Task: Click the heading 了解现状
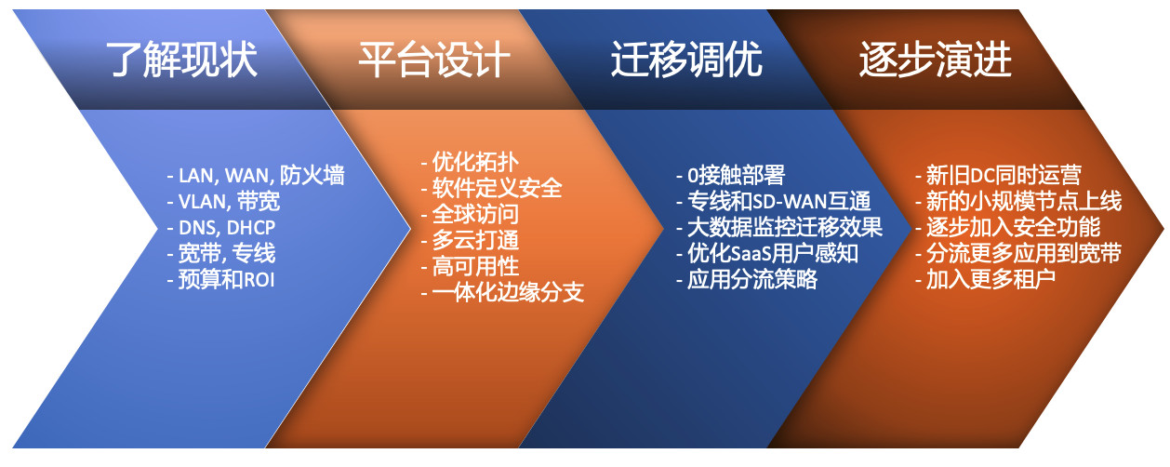[181, 60]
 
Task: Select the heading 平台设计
[434, 60]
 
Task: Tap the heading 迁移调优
[686, 60]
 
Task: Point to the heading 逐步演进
[936, 60]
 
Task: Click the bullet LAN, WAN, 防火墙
[256, 176]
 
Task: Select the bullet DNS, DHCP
[221, 228]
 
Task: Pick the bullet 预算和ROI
[220, 280]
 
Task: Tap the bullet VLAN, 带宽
[223, 202]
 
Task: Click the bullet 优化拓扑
[470, 163]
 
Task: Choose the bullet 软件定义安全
[491, 189]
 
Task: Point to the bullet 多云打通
[470, 240]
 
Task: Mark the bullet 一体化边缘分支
[502, 292]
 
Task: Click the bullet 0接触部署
[731, 176]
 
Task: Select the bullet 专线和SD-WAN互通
[774, 202]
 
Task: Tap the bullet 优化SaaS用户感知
[767, 254]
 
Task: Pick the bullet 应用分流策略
[747, 280]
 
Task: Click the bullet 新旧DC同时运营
[998, 176]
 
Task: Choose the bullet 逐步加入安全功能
[1008, 228]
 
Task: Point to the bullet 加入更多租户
[985, 280]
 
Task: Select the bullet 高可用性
[470, 266]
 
